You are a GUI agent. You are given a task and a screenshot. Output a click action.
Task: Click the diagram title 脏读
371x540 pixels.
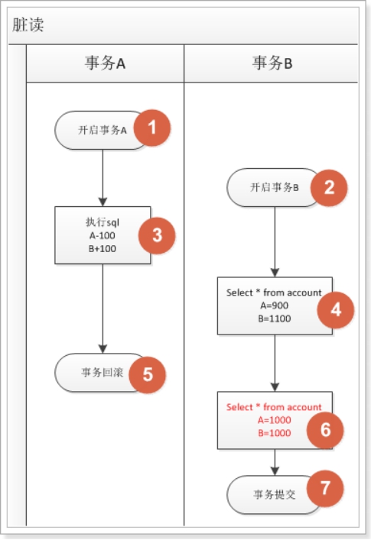tap(28, 24)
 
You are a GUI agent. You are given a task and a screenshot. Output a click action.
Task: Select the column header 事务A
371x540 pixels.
tap(105, 63)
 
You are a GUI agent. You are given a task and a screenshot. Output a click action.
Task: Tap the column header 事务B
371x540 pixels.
tap(272, 63)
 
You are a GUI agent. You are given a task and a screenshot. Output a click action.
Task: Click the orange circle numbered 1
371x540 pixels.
tap(152, 128)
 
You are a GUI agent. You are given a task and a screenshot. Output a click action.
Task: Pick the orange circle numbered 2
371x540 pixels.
tap(329, 187)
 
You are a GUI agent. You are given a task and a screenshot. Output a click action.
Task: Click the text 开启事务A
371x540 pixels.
tap(102, 130)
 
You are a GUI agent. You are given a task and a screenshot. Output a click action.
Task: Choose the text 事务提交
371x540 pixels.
tap(274, 494)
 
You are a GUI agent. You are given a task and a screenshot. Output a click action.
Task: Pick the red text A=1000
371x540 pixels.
tap(274, 419)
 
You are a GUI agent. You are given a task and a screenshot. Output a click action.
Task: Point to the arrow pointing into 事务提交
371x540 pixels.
tap(275, 462)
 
